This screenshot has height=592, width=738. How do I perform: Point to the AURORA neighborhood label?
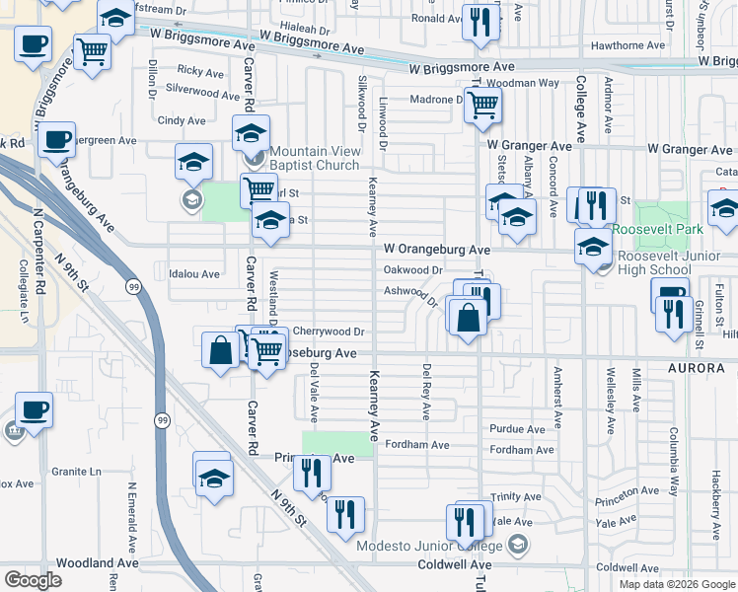tap(703, 368)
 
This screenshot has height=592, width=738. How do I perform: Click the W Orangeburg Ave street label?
tap(437, 250)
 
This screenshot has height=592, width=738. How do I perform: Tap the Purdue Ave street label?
tap(517, 429)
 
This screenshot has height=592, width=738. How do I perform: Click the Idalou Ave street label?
tap(194, 273)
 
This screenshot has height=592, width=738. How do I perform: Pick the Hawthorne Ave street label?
tap(627, 45)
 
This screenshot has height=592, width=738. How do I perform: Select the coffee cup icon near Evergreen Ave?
tap(56, 139)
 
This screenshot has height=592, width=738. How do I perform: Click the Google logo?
tap(33, 580)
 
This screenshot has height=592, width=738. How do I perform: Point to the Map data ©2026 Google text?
tap(676, 583)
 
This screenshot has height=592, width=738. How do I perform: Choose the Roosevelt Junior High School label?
tap(653, 262)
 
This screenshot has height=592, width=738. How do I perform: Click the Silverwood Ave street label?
tap(202, 89)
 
